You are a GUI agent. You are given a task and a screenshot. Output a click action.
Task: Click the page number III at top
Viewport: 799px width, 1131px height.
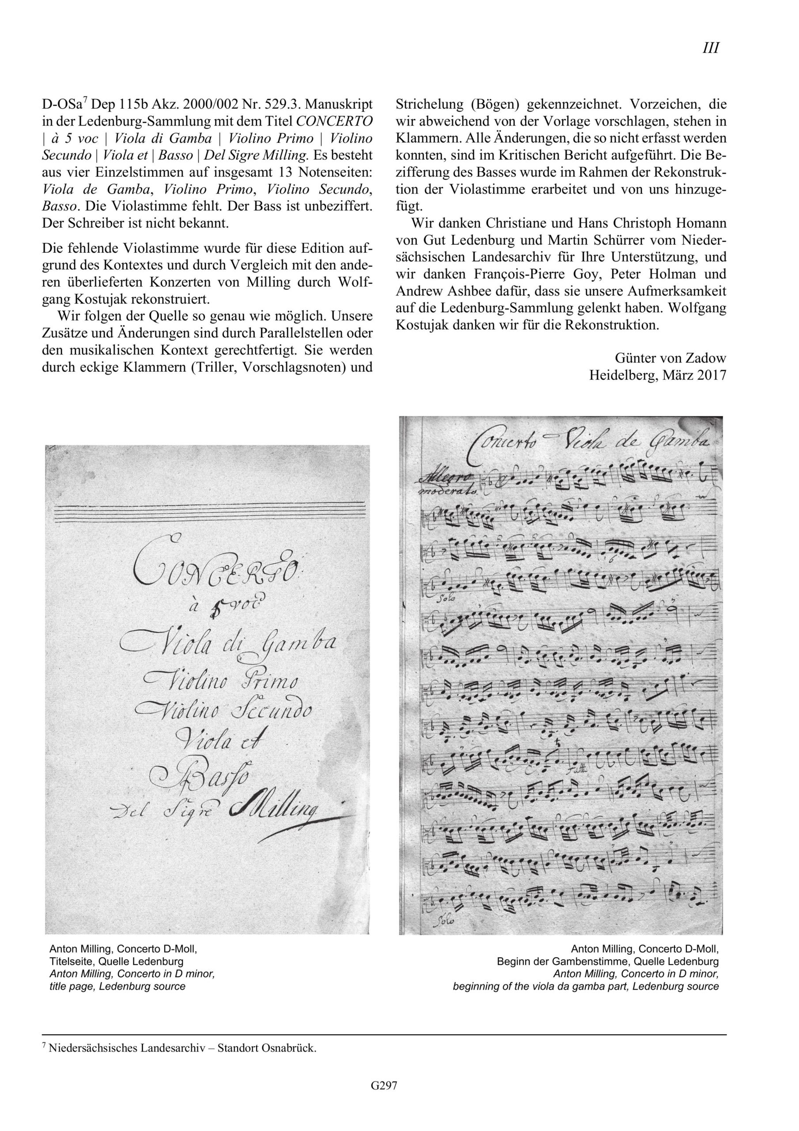[710, 49]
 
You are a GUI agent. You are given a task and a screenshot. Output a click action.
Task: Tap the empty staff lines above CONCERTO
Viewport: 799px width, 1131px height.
[207, 514]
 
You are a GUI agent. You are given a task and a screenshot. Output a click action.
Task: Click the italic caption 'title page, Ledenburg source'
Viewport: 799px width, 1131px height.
[117, 986]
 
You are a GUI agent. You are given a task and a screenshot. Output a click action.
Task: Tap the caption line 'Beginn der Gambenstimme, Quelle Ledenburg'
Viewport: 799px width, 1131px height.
[607, 961]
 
